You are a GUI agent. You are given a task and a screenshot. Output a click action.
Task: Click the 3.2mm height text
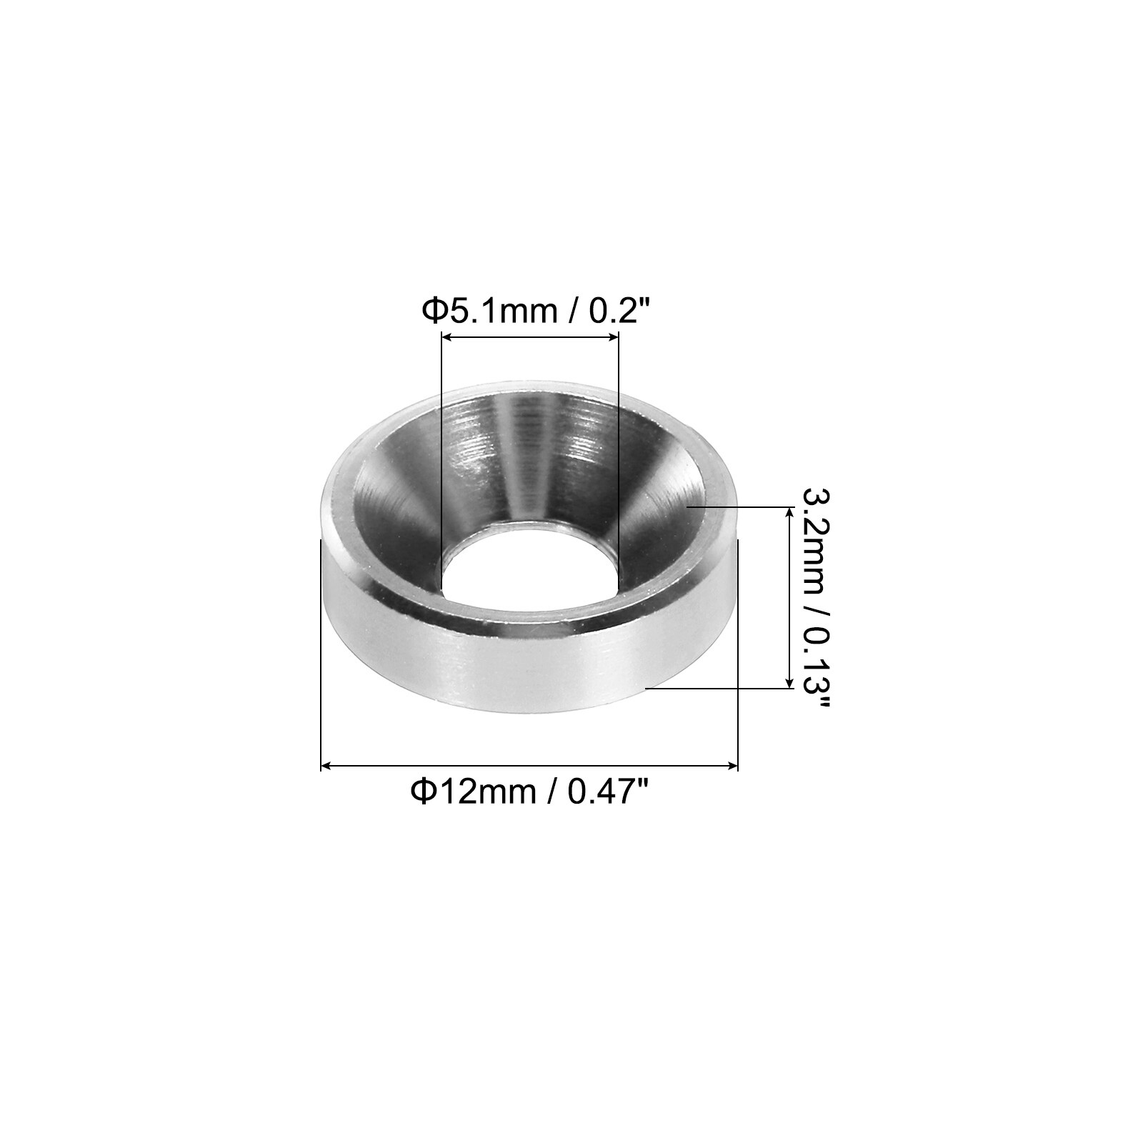pyautogui.click(x=814, y=535)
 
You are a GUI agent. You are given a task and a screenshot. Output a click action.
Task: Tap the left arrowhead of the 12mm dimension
pyautogui.click(x=326, y=766)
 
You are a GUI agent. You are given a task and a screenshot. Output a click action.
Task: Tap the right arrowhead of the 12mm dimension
pyautogui.click(x=732, y=766)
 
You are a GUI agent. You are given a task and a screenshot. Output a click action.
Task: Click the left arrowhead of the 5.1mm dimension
pyautogui.click(x=447, y=338)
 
